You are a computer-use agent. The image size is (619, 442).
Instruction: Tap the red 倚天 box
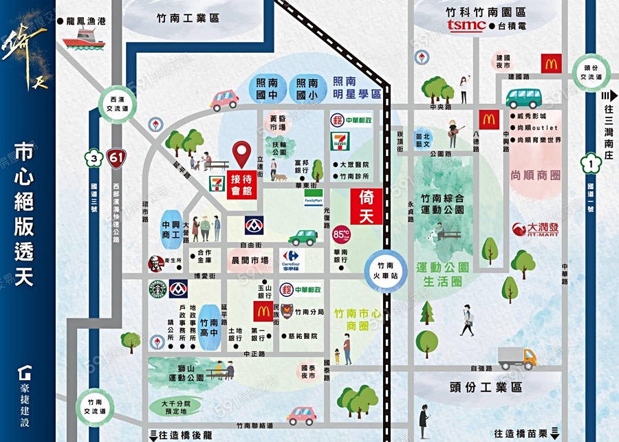coord(366,206)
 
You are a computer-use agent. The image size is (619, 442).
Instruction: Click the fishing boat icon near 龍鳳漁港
coord(83,40)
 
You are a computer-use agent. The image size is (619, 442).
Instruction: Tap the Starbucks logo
coord(158,289)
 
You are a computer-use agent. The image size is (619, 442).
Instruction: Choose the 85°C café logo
coord(340,234)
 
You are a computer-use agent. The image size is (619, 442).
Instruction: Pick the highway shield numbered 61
coord(117,159)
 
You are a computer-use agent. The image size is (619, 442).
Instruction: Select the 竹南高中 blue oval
coord(208,322)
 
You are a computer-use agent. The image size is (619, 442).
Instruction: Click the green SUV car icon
coord(302,237)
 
